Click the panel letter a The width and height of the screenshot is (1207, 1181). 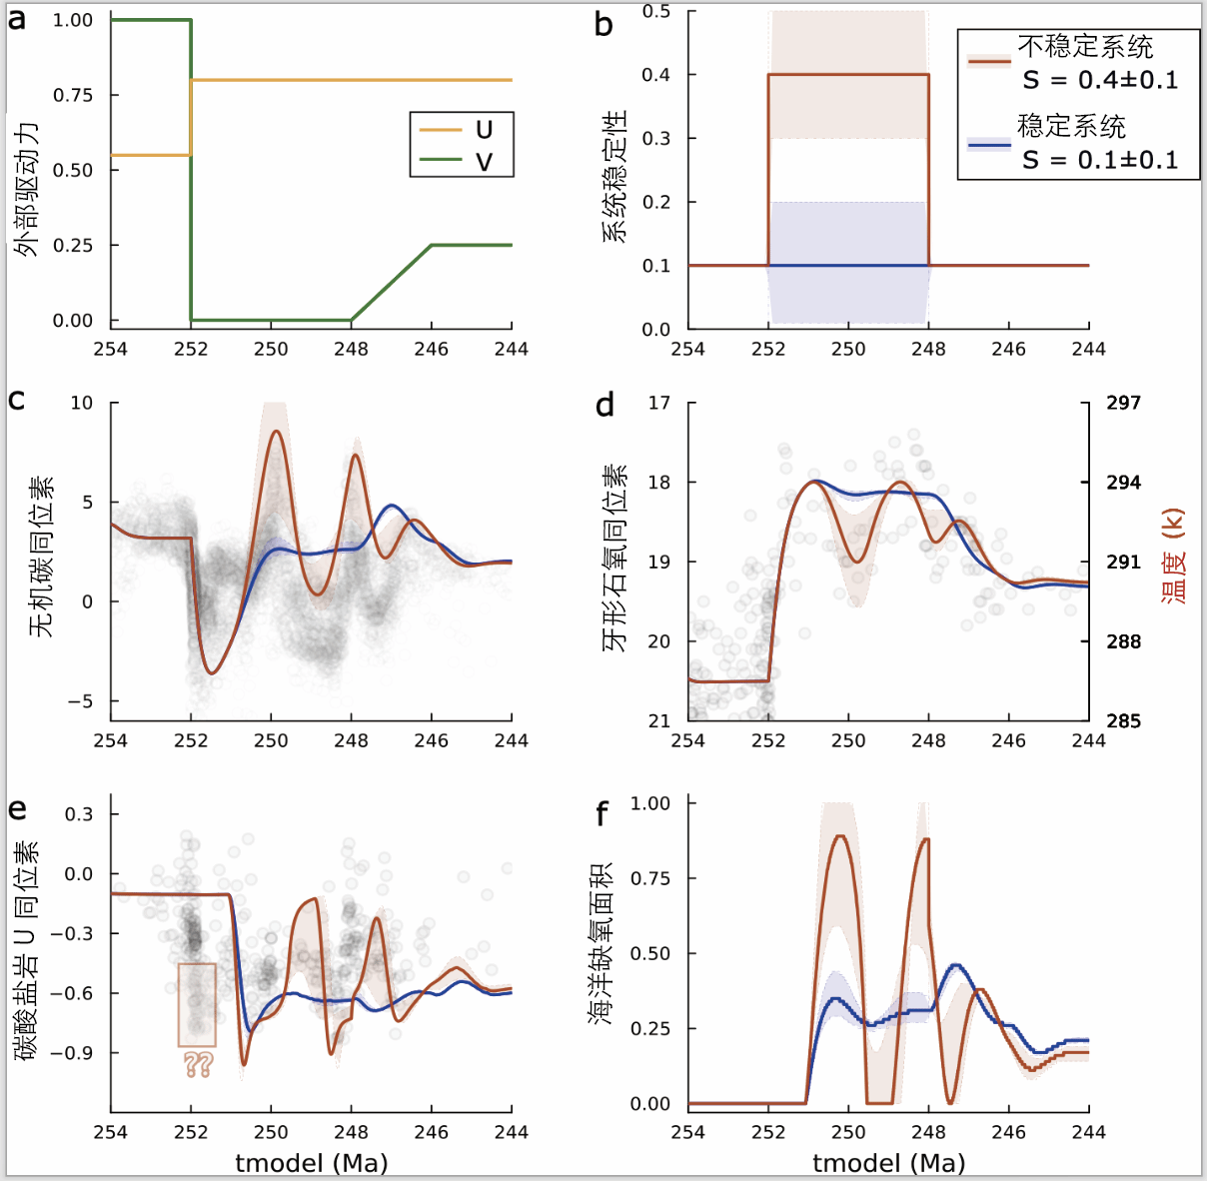pyautogui.click(x=17, y=19)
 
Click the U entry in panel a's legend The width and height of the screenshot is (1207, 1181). pyautogui.click(x=484, y=130)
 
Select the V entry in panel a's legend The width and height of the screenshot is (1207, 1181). pyautogui.click(x=484, y=161)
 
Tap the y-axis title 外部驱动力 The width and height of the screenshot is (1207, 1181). pyautogui.click(x=27, y=190)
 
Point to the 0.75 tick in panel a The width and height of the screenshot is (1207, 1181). pyautogui.click(x=73, y=95)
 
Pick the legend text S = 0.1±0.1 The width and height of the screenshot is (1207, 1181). pyautogui.click(x=1099, y=160)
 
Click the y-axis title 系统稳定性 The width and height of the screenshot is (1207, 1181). pyautogui.click(x=613, y=177)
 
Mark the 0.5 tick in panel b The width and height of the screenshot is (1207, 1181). pyautogui.click(x=656, y=12)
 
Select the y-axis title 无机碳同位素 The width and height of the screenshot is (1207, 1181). pyautogui.click(x=40, y=557)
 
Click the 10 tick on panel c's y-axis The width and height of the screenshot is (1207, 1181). pyautogui.click(x=81, y=403)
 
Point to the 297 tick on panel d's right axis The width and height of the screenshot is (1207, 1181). pyautogui.click(x=1123, y=403)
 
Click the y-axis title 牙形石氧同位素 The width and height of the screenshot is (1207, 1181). pyautogui.click(x=613, y=558)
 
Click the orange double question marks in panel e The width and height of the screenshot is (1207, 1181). pyautogui.click(x=198, y=1064)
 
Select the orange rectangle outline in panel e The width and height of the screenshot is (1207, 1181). pyautogui.click(x=197, y=1004)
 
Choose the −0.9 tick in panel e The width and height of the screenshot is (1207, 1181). pyautogui.click(x=73, y=1053)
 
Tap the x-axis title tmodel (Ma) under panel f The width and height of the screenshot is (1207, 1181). pyautogui.click(x=888, y=1163)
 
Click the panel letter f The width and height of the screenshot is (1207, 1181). pyautogui.click(x=602, y=814)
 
